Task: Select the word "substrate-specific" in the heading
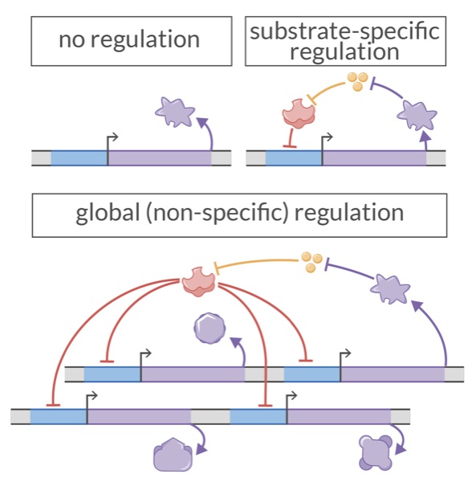click(345, 32)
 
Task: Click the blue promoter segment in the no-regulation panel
click(79, 157)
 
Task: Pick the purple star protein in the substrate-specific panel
click(417, 116)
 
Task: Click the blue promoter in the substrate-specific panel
click(293, 157)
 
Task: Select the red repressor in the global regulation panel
click(197, 280)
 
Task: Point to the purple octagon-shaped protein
click(210, 329)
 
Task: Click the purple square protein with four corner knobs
click(376, 452)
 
